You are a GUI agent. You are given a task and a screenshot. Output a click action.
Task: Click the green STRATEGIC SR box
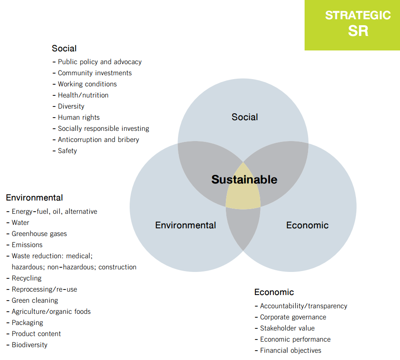click(x=352, y=25)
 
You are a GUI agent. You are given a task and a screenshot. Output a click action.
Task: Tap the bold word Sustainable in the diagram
click(x=244, y=180)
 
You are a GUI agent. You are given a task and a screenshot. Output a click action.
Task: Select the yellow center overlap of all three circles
click(x=243, y=189)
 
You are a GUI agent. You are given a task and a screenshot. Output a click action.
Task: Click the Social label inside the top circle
click(x=245, y=117)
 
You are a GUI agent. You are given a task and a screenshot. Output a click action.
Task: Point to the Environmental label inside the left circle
click(x=186, y=225)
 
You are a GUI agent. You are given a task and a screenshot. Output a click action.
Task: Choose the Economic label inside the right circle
click(x=308, y=225)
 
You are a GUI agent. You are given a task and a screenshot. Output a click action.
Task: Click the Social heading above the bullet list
click(x=64, y=48)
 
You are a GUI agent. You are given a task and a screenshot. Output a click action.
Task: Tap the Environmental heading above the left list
click(x=35, y=198)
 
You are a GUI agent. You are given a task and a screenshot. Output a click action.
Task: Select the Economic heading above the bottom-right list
click(x=274, y=292)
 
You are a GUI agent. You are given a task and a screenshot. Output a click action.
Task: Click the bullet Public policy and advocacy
click(x=97, y=62)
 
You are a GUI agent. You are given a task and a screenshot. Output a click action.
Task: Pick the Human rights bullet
click(x=76, y=118)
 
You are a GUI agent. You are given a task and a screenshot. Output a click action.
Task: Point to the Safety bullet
click(x=65, y=151)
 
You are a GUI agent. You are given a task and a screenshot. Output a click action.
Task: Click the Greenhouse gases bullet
click(x=36, y=234)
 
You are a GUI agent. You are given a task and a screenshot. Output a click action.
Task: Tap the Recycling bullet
click(x=24, y=278)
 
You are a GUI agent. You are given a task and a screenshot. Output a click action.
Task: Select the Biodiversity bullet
click(x=27, y=345)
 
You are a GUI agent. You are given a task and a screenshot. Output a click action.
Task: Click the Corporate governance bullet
click(x=290, y=317)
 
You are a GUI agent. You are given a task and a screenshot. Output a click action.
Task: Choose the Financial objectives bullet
click(x=288, y=351)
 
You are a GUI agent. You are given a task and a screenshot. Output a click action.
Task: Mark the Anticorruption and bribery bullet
click(x=96, y=140)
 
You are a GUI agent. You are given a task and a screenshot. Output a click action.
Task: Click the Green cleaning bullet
click(x=32, y=301)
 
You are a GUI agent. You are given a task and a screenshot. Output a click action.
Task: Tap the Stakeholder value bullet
click(x=284, y=328)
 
